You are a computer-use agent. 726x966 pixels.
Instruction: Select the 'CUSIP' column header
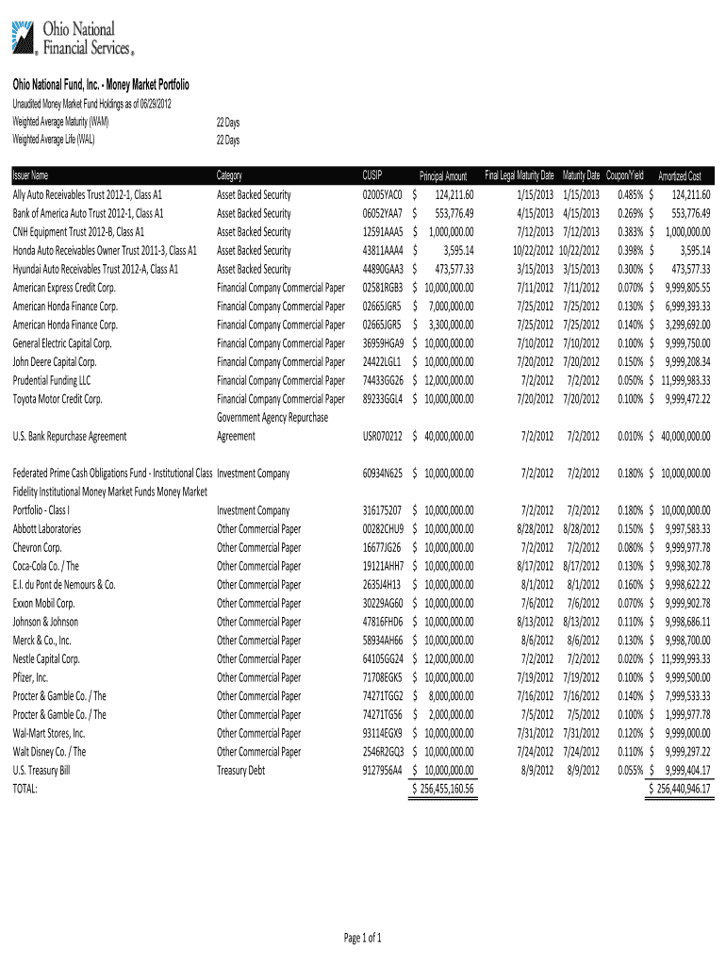(x=372, y=175)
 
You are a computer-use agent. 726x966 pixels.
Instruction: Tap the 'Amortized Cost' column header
(x=679, y=176)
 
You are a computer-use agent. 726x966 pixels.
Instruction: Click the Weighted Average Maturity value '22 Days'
(x=227, y=124)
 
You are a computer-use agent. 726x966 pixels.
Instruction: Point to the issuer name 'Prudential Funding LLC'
(x=52, y=380)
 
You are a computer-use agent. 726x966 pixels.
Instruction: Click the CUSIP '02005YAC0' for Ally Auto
(x=382, y=194)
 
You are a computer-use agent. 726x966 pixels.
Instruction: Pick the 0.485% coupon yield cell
(x=630, y=194)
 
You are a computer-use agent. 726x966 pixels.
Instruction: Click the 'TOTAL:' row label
(x=25, y=789)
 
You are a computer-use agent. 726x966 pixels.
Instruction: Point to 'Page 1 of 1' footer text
(x=362, y=938)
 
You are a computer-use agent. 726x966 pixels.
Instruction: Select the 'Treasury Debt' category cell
(x=244, y=770)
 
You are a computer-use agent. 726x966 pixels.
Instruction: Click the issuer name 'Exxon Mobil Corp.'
(x=43, y=603)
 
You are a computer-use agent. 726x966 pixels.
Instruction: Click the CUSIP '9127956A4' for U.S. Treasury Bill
(x=382, y=770)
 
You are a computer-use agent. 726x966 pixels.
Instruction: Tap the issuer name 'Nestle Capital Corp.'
(x=46, y=658)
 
